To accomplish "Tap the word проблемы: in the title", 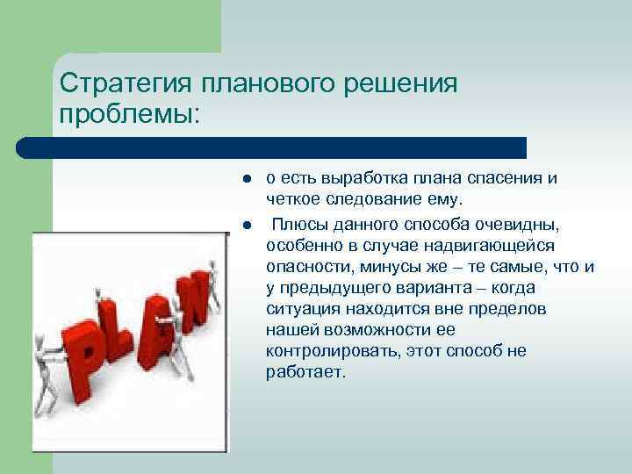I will click(129, 114).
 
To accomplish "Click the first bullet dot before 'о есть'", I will click(248, 179).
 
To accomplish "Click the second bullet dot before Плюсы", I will click(248, 225).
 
